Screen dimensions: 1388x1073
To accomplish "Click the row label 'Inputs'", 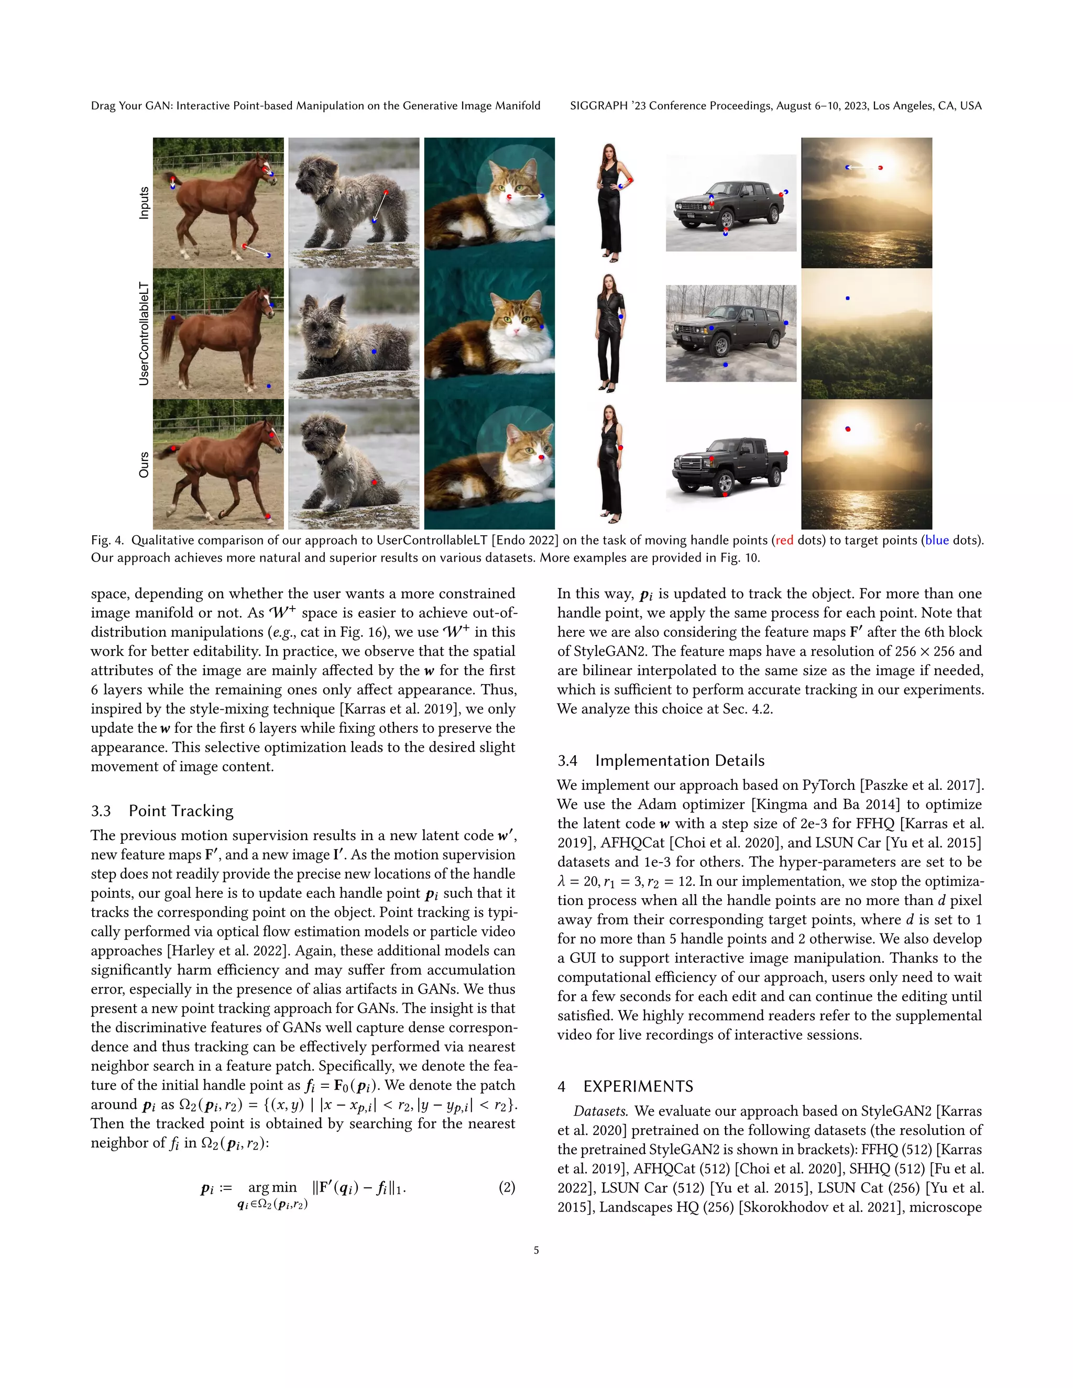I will tap(144, 203).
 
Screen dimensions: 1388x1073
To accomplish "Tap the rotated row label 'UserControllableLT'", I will tap(144, 334).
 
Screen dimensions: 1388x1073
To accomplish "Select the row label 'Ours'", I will tap(144, 465).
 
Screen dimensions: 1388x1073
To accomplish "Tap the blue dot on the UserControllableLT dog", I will tap(374, 351).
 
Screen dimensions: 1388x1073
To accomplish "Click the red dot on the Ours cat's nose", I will tap(541, 457).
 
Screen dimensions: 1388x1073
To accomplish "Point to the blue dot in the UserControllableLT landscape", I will tap(847, 298).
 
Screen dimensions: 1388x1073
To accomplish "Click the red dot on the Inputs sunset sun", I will tap(880, 168).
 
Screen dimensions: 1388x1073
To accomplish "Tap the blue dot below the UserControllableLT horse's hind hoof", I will tap(269, 386).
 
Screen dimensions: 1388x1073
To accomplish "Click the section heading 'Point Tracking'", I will tap(181, 811).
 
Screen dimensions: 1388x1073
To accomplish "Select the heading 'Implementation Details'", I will tap(680, 761).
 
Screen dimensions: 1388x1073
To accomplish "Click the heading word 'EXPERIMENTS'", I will tap(638, 1086).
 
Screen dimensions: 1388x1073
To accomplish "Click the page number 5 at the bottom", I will tap(536, 1250).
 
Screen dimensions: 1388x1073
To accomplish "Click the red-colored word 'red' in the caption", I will tap(784, 540).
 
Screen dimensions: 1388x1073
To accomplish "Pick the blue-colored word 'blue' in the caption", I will tap(937, 540).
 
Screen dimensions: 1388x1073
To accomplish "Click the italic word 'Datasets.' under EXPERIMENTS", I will tap(601, 1111).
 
